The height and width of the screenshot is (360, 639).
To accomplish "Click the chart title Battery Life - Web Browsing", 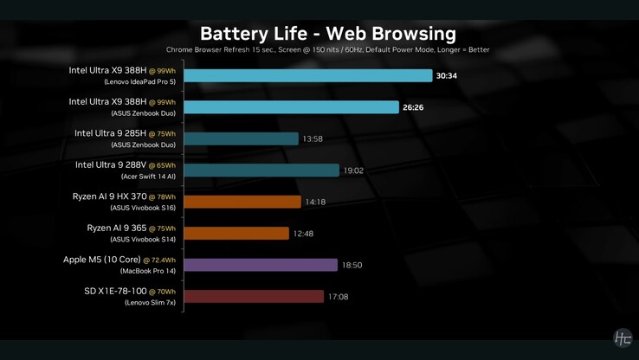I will (327, 34).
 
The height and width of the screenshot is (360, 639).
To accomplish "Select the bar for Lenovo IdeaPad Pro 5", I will (307, 76).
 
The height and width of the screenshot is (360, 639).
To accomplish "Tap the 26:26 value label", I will (413, 108).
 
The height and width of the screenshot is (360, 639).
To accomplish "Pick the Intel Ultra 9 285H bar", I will (241, 139).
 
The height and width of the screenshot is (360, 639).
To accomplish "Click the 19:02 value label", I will (353, 171).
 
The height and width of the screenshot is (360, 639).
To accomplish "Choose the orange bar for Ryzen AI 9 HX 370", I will (242, 202).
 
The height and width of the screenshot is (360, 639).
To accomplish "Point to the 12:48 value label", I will (303, 234).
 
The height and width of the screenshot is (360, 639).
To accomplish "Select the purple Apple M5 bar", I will (260, 265).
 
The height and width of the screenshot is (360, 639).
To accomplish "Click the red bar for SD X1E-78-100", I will (254, 297).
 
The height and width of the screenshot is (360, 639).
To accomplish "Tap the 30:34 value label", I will (446, 76).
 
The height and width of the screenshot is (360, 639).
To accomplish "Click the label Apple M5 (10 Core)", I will (101, 260).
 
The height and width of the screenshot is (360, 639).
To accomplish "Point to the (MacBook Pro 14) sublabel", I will (141, 272).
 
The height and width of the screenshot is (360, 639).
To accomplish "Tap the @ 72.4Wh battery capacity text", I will (159, 260).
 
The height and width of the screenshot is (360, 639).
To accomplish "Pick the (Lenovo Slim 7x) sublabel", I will (150, 303).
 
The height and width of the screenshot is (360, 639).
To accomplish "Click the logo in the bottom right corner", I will (622, 338).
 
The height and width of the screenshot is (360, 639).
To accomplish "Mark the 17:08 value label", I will (338, 297).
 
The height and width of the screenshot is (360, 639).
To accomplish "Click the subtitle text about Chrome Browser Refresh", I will (327, 50).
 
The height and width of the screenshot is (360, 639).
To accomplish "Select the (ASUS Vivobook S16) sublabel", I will (142, 209).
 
